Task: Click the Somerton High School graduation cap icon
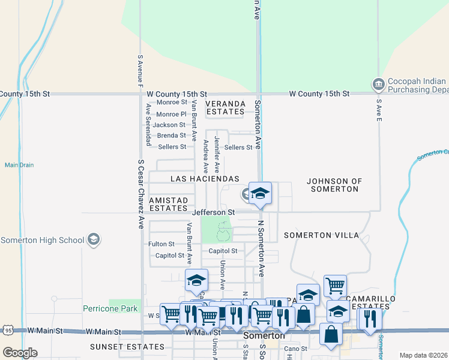coord(93,240)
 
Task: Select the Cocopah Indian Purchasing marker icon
coord(378,85)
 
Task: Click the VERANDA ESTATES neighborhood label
coord(226,107)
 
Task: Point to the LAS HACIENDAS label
coord(205,179)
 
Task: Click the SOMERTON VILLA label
coord(321,235)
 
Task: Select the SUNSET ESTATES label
coord(127,347)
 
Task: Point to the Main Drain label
coord(19,165)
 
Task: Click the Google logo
coord(20,353)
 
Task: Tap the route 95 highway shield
coord(7,330)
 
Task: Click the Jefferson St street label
coord(213,212)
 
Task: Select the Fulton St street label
coord(161,244)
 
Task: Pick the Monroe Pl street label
coord(172,114)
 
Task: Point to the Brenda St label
coord(171,136)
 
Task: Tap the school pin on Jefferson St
coord(260,194)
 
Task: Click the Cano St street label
coord(295,349)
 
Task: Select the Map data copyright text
coord(423,355)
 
